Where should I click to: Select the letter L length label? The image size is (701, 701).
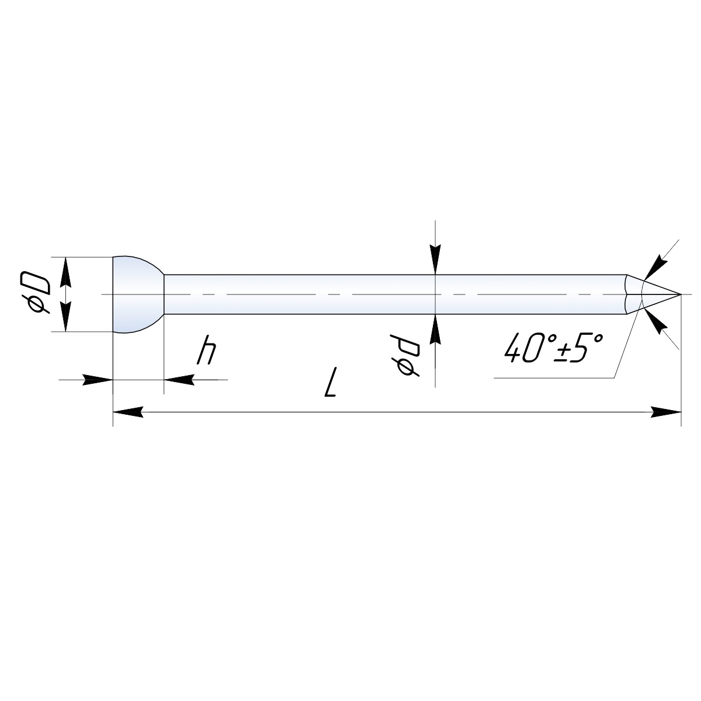[x=330, y=382]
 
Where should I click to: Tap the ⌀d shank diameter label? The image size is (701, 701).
[x=405, y=355]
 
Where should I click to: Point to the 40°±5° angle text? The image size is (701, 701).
[x=554, y=348]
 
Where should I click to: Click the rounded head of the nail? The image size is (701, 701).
[x=138, y=294]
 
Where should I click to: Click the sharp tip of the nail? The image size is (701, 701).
[x=681, y=294]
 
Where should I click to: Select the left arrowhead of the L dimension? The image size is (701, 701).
[x=128, y=412]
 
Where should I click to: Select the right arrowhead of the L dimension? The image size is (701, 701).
[x=666, y=412]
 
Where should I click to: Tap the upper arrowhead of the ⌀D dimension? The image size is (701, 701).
[x=65, y=272]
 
